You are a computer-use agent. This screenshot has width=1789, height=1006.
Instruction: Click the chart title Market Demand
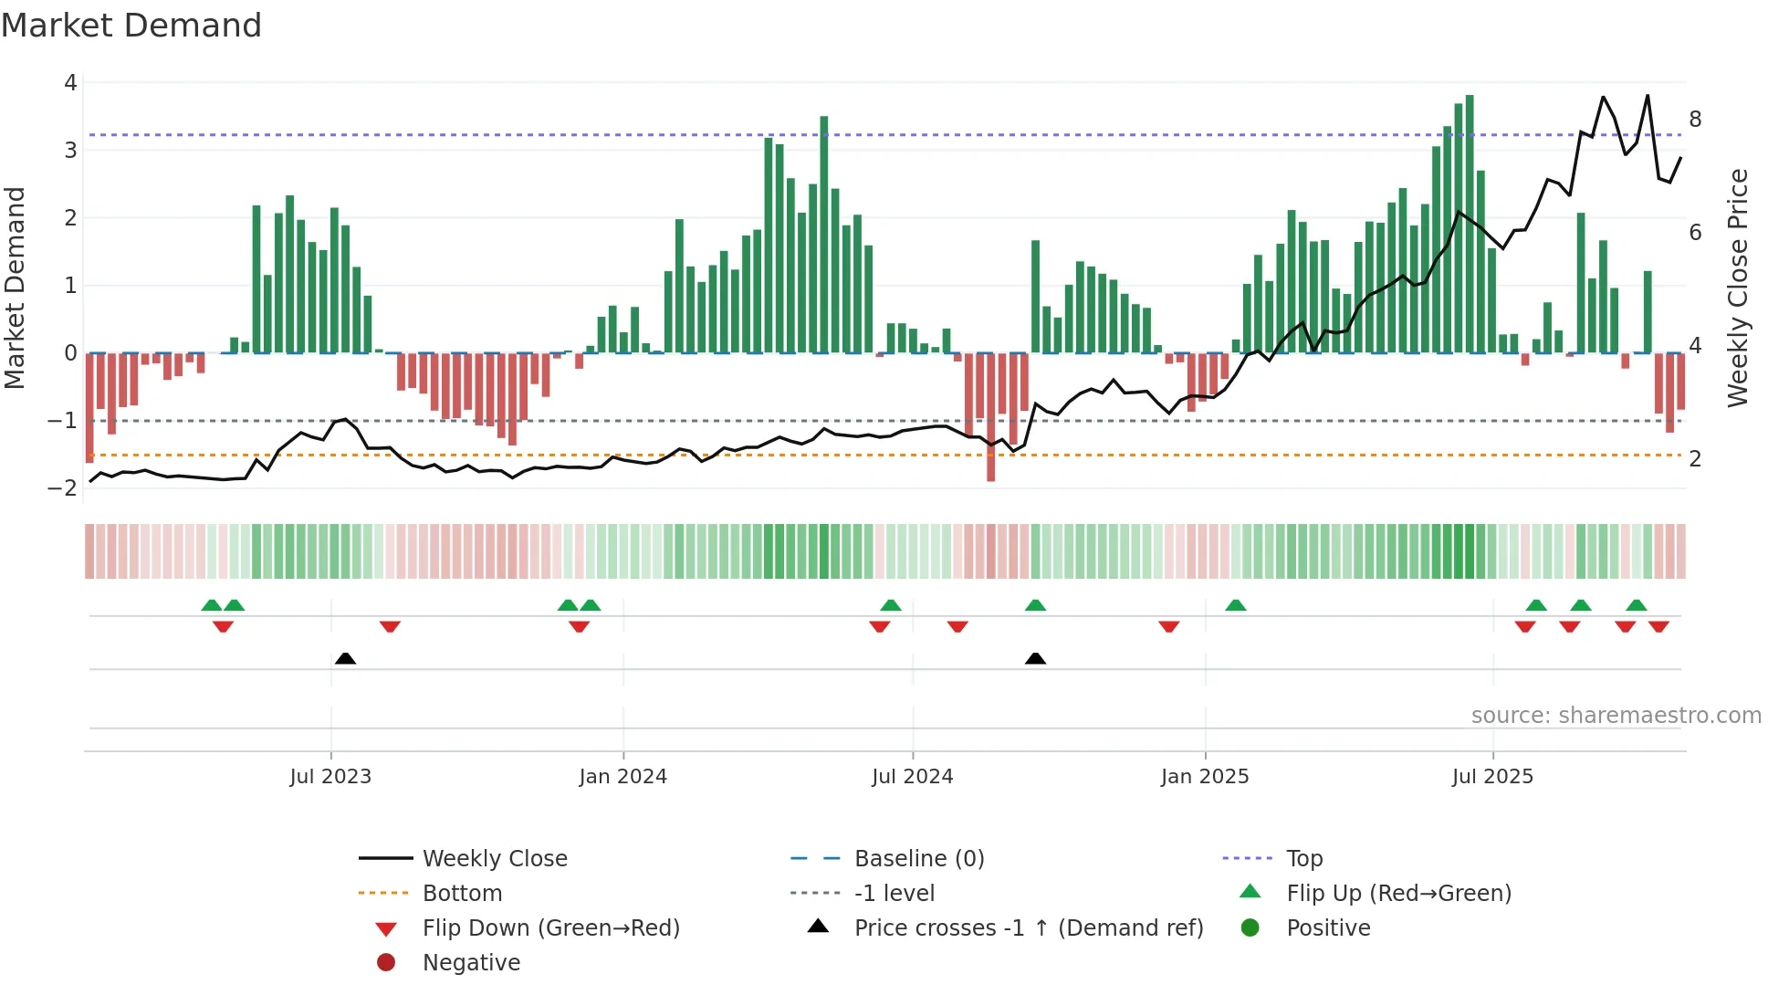(x=131, y=26)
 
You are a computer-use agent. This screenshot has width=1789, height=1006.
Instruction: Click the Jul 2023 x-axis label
(x=330, y=777)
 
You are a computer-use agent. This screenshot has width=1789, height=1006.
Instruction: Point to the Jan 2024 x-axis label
(x=622, y=777)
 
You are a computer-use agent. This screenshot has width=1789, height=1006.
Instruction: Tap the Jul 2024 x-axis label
(x=912, y=777)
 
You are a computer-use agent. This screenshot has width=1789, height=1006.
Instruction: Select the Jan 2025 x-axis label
(x=1205, y=777)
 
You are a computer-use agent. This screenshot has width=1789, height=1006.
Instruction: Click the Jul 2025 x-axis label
(x=1492, y=777)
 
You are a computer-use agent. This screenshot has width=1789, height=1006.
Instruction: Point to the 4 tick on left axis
(x=70, y=83)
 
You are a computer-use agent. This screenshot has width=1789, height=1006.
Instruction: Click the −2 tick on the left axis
(x=63, y=488)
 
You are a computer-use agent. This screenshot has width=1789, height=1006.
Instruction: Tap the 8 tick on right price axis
(x=1695, y=120)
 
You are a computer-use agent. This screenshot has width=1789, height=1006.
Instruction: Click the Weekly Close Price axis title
(x=1738, y=288)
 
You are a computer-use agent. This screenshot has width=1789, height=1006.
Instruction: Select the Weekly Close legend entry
(x=494, y=859)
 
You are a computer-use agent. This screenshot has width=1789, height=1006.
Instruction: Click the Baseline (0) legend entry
(x=918, y=859)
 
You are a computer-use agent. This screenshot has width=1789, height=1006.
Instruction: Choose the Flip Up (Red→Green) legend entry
(x=1398, y=894)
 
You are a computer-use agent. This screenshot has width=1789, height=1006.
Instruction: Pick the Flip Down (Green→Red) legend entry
(x=550, y=928)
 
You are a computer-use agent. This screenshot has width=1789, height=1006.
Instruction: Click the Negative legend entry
(x=471, y=963)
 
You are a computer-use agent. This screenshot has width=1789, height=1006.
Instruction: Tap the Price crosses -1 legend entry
(x=1028, y=928)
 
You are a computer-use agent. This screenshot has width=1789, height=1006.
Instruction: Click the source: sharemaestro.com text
(x=1616, y=716)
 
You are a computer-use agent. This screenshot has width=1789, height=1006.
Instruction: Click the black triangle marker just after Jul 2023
(x=345, y=658)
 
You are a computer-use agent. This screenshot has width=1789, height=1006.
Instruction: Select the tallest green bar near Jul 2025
(x=1470, y=224)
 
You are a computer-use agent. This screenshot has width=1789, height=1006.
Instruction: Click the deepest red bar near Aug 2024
(x=990, y=417)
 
